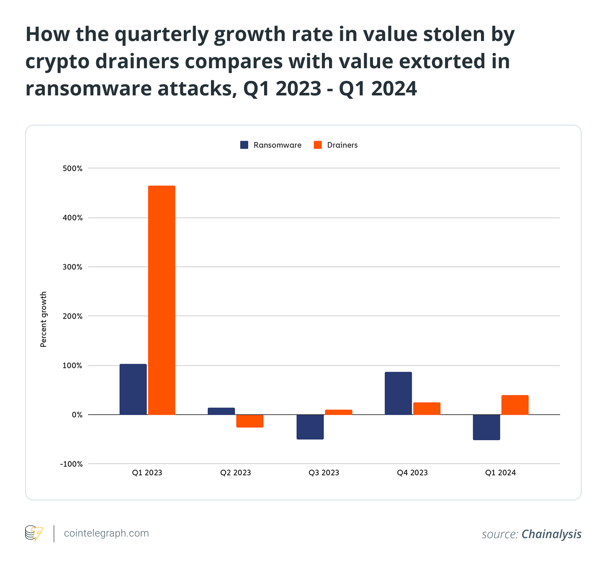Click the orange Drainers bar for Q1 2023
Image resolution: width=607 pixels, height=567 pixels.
(162, 300)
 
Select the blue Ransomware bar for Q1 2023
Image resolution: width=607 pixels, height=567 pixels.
(133, 389)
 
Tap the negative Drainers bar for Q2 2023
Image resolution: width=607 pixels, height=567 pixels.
(250, 421)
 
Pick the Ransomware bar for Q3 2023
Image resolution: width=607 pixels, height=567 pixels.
(310, 427)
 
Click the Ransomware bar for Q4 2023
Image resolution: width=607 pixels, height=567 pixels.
(398, 393)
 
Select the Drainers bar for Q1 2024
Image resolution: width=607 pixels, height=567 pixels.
(515, 405)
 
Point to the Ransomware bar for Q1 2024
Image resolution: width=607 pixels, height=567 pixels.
(486, 427)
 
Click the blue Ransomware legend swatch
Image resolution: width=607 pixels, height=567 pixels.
(244, 145)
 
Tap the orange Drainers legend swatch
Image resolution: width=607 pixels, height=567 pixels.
(318, 145)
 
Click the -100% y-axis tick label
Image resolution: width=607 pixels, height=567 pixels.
(71, 464)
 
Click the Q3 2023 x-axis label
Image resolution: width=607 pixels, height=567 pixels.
(324, 473)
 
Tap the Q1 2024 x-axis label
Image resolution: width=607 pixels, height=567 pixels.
(500, 473)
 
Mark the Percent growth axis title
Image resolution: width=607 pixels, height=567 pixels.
(44, 319)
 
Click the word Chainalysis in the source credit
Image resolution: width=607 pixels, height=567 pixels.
(551, 534)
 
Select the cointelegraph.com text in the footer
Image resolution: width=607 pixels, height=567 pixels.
(106, 533)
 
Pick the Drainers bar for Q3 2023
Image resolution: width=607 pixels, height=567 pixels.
(338, 412)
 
